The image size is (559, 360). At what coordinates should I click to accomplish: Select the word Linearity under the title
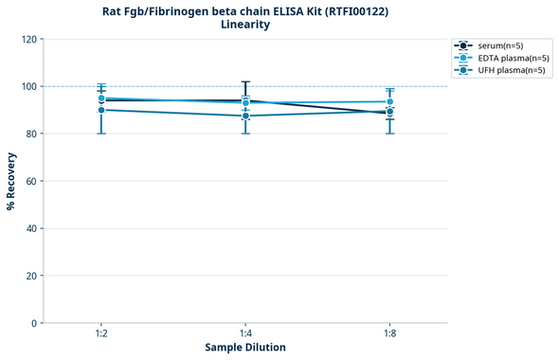(x=245, y=26)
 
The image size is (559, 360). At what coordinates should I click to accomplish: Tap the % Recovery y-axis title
(x=11, y=180)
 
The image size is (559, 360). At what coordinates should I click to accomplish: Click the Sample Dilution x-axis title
(x=245, y=348)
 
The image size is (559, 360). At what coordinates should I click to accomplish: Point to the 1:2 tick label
(x=100, y=333)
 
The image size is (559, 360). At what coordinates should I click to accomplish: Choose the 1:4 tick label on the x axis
(x=245, y=333)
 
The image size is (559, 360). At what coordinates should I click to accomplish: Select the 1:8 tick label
(x=389, y=333)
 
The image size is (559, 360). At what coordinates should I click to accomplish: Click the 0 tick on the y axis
(x=34, y=323)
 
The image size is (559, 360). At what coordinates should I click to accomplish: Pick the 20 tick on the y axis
(x=31, y=276)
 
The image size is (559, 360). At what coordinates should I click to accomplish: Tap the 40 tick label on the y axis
(x=31, y=228)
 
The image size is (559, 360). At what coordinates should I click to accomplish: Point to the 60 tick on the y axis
(x=31, y=181)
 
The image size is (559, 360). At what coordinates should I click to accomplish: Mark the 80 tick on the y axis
(x=31, y=134)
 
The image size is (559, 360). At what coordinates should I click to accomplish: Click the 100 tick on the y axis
(x=28, y=86)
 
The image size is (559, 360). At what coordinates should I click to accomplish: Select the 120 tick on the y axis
(x=28, y=39)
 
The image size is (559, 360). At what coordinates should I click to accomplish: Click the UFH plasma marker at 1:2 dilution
(x=101, y=110)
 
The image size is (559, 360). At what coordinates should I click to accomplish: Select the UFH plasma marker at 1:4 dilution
(x=245, y=116)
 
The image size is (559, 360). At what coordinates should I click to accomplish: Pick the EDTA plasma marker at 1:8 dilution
(x=389, y=101)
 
